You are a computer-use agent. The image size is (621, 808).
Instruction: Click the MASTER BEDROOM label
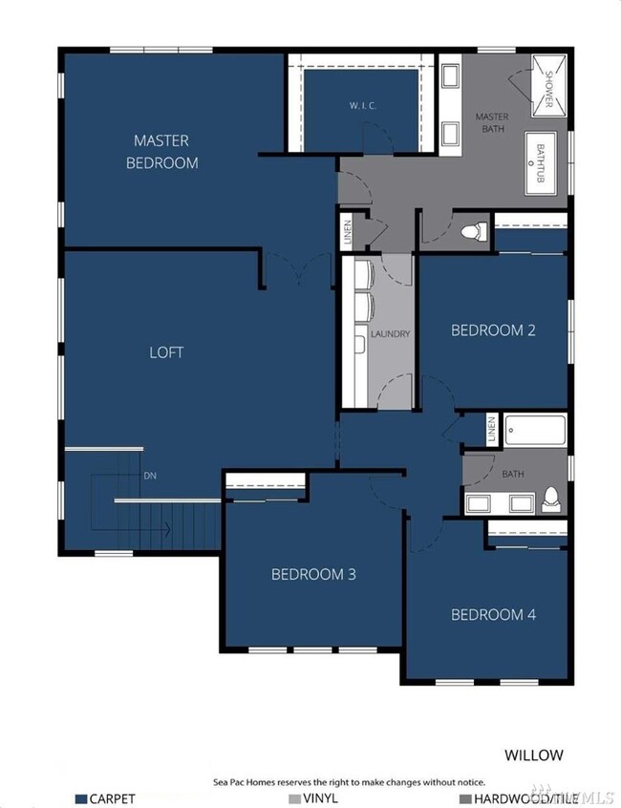pos(161,152)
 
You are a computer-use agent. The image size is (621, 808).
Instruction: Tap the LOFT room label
pos(166,352)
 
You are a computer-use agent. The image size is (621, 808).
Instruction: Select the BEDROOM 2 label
pos(493,330)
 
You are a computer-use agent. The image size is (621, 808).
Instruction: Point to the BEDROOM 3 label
pos(313,574)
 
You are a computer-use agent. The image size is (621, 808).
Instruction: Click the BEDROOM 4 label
pos(493,614)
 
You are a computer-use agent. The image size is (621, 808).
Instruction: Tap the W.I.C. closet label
pos(363,106)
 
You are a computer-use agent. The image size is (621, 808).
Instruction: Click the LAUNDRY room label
pos(390,334)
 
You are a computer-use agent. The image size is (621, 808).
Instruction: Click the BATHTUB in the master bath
pos(541,162)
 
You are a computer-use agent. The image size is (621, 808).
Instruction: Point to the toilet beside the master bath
pos(474,231)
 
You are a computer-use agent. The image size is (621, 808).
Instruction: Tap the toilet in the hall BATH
pos(551,500)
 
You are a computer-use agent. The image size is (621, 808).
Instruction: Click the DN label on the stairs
pos(150,476)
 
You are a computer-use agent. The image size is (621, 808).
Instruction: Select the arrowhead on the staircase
pos(168,529)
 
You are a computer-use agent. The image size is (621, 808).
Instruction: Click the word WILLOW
pos(534,755)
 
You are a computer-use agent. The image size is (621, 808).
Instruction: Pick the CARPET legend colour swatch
pos(81,799)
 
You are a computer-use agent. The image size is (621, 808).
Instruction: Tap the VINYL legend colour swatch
pos(295,799)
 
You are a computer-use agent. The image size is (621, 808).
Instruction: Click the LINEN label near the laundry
pos(348,232)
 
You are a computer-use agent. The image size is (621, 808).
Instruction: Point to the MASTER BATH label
pos(492,122)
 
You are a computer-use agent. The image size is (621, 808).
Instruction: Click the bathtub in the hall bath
pos(535,430)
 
